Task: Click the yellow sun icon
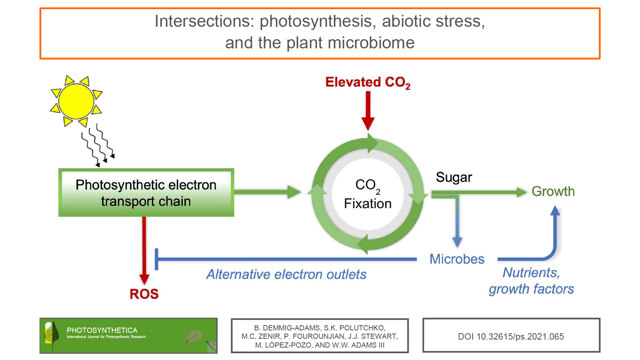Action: coord(76,101)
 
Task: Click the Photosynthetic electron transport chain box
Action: coord(146,193)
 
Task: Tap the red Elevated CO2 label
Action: coord(368,82)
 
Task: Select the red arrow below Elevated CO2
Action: coord(368,110)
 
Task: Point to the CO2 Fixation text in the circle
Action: coord(368,194)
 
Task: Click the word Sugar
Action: coord(454,177)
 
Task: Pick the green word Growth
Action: coord(553,192)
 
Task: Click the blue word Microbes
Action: coord(457,259)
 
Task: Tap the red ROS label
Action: coord(144,294)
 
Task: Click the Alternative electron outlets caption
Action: coord(286,274)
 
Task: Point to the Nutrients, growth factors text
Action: coord(531,281)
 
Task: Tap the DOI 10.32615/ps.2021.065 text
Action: coord(511,337)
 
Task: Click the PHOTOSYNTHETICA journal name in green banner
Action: coord(102,330)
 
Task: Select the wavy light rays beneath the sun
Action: coord(98,146)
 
